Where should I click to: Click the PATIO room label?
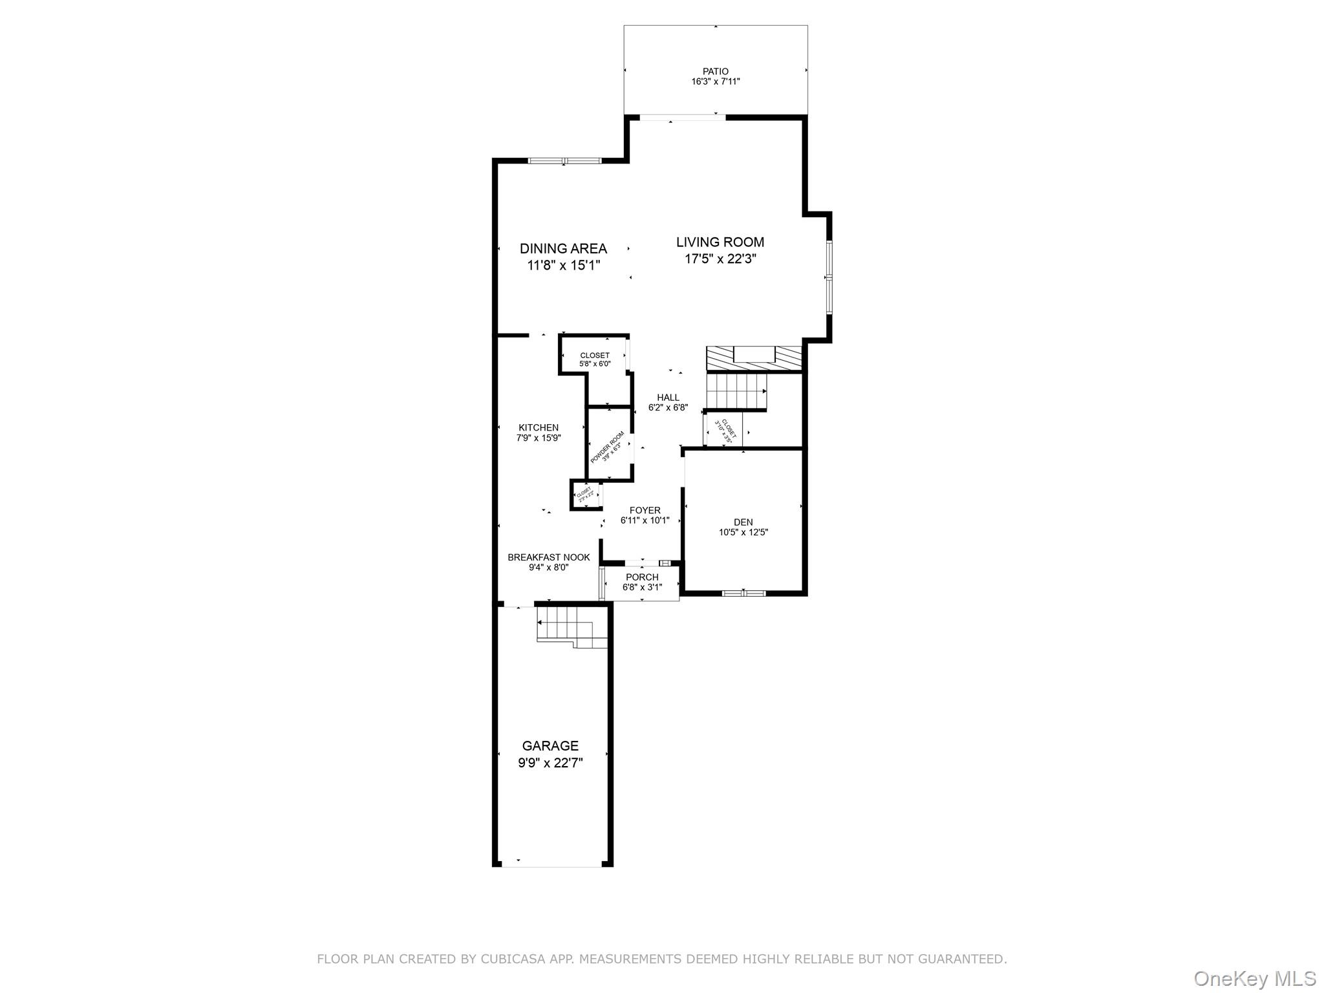tap(715, 71)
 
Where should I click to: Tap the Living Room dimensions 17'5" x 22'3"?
tap(720, 259)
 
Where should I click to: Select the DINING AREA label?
tap(563, 248)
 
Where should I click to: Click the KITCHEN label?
tap(539, 427)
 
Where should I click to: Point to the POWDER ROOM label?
tap(608, 446)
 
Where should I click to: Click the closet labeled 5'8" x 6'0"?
tap(595, 359)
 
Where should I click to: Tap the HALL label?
tap(668, 398)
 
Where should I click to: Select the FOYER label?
tap(645, 510)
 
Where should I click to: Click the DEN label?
tap(743, 522)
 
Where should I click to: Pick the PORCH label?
tap(642, 577)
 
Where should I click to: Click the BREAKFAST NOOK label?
tap(548, 557)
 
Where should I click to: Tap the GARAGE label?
tap(550, 745)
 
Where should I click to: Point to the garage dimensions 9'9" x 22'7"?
tap(550, 763)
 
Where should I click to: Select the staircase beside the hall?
tap(735, 391)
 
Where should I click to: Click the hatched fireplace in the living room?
tap(754, 358)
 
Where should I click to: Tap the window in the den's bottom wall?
tap(743, 592)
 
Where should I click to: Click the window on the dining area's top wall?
tap(564, 160)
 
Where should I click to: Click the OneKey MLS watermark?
tap(1254, 978)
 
